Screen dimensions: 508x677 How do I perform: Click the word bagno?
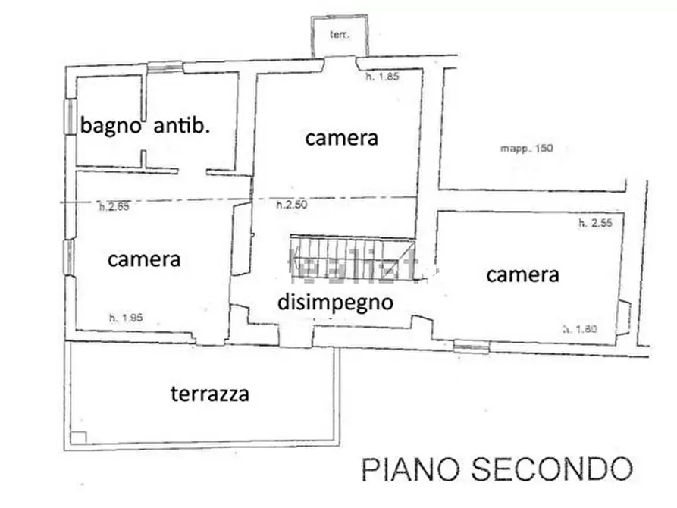(111, 126)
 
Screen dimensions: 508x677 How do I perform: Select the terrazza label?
(210, 394)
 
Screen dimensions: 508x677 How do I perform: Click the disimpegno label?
(334, 302)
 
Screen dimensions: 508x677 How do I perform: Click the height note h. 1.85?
(382, 77)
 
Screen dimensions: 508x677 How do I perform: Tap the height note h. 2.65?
(114, 205)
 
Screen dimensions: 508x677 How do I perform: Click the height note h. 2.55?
(595, 224)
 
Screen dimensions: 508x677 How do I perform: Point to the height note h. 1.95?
(125, 318)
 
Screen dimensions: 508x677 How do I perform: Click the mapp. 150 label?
(526, 149)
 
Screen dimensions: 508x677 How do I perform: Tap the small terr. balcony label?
(338, 35)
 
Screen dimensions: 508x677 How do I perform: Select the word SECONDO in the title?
(553, 469)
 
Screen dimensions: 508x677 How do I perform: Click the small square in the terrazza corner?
(78, 437)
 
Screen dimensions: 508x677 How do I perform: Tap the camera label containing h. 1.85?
(341, 138)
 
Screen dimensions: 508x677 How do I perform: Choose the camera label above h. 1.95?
(144, 259)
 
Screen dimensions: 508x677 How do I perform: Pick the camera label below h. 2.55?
(522, 274)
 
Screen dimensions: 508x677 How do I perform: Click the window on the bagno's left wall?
(70, 118)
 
